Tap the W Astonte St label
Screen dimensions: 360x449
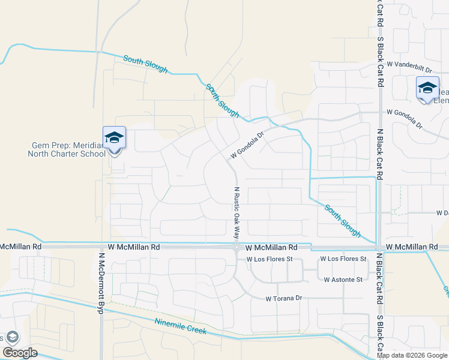tap(343, 280)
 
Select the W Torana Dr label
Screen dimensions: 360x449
tap(287, 298)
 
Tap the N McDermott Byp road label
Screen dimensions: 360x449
tap(100, 282)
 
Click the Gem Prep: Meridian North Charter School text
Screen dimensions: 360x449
tap(66, 149)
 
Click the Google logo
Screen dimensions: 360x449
tap(20, 353)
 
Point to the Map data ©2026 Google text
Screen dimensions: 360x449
tap(412, 355)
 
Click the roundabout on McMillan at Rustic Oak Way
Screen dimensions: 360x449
tap(237, 247)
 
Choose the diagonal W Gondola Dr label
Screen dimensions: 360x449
tap(246, 146)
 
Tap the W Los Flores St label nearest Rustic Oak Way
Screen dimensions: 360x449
tap(269, 259)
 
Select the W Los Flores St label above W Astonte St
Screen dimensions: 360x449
tap(343, 259)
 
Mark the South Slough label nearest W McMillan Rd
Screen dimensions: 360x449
tap(343, 220)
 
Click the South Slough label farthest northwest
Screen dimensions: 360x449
tap(145, 64)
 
